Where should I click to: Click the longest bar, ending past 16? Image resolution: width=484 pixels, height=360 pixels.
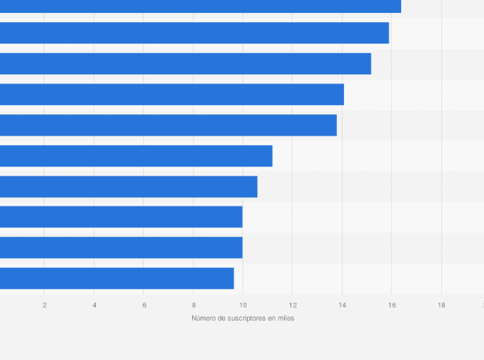(201, 6)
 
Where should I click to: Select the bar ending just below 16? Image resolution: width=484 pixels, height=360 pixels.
(194, 33)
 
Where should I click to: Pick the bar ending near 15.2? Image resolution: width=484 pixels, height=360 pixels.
(186, 64)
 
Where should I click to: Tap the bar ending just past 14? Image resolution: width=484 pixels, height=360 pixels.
(172, 94)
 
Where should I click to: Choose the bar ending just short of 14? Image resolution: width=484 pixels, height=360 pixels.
(168, 125)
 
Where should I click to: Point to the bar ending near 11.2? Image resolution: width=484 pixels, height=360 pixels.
(136, 156)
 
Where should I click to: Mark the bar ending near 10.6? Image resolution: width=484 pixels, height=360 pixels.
(128, 186)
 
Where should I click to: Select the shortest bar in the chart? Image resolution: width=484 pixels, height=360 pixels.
(117, 279)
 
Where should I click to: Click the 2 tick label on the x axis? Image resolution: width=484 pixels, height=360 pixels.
(45, 305)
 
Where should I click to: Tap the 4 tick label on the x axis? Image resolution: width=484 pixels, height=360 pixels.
(94, 305)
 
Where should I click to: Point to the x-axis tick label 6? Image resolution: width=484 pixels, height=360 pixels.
(144, 305)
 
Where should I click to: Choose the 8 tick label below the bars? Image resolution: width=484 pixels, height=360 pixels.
(194, 305)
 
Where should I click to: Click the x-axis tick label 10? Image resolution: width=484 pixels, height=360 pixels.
(243, 305)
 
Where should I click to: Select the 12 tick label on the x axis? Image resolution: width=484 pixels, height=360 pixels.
(293, 305)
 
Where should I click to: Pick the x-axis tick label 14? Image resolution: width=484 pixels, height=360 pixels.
(343, 305)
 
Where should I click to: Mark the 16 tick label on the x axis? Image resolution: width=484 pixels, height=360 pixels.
(392, 305)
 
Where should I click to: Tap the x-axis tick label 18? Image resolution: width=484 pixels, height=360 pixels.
(441, 305)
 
